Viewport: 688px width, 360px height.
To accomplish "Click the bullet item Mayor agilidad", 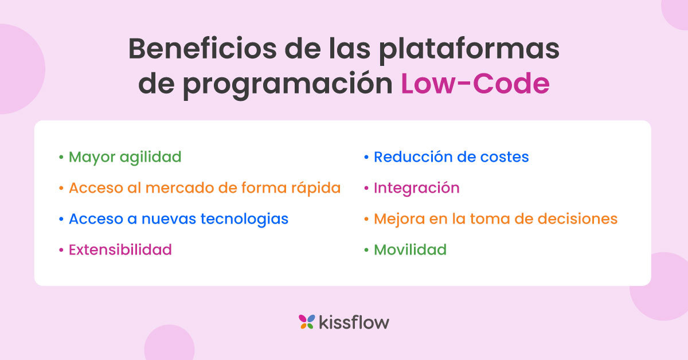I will pyautogui.click(x=125, y=156).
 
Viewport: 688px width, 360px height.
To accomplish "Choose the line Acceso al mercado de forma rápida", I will pyautogui.click(x=205, y=187).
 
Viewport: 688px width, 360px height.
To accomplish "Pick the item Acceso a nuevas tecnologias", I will pyautogui.click(x=178, y=218).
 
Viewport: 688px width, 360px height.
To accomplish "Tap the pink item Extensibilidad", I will pyautogui.click(x=120, y=250).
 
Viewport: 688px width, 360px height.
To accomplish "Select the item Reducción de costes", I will pyautogui.click(x=451, y=156).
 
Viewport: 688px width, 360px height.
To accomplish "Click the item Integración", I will pyautogui.click(x=416, y=187).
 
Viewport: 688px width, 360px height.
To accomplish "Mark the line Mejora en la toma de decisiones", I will pyautogui.click(x=495, y=218).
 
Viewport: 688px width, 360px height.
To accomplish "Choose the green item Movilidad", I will pyautogui.click(x=410, y=250).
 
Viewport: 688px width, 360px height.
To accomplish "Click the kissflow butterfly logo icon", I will pyautogui.click(x=307, y=322).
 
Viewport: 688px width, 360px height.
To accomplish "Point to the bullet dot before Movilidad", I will pyautogui.click(x=366, y=251).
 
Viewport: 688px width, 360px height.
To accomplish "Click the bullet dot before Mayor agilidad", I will pyautogui.click(x=61, y=157).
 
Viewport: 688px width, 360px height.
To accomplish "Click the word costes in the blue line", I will pyautogui.click(x=506, y=156).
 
